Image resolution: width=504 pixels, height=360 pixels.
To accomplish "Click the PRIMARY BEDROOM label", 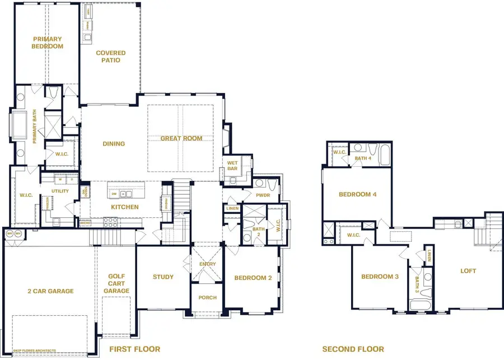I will [47, 43].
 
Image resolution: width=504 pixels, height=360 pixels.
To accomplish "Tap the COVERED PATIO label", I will [111, 57].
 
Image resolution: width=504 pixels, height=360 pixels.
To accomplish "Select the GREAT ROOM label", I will [181, 138].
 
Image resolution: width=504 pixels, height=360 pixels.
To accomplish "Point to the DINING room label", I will [114, 144].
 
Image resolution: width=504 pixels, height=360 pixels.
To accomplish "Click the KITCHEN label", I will [124, 207].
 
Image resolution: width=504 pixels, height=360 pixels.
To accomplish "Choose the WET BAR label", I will [232, 167].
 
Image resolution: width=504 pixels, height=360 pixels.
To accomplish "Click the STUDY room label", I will [163, 277].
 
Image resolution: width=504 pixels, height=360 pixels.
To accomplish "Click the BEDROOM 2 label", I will [253, 278].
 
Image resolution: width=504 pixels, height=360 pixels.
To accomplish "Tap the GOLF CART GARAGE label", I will [116, 283].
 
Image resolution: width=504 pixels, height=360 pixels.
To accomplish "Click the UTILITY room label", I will [60, 191].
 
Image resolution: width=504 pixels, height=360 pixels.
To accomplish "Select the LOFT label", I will [468, 271].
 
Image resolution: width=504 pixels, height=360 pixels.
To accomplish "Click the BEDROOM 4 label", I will [358, 194].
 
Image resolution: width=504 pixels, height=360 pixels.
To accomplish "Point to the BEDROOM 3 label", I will [380, 277].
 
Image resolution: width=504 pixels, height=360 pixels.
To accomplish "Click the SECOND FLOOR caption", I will [353, 349].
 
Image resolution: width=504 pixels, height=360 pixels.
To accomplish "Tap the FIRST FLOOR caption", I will [134, 349].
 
